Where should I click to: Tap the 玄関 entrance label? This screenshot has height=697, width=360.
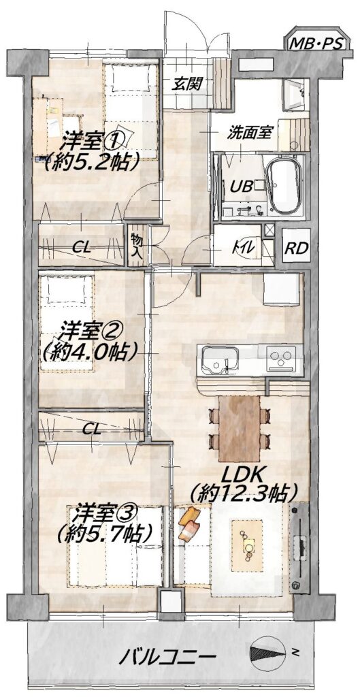(x=185, y=82)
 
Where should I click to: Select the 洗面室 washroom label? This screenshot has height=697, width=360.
(x=247, y=132)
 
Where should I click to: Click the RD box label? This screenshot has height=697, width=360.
(x=297, y=248)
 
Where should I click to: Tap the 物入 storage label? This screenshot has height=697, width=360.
(x=135, y=246)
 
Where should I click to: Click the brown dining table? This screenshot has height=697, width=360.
(x=240, y=428)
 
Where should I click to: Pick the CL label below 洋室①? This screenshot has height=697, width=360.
(x=82, y=248)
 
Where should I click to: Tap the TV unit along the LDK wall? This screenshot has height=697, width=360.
(x=299, y=548)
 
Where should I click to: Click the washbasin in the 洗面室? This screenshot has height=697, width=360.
(x=294, y=94)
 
